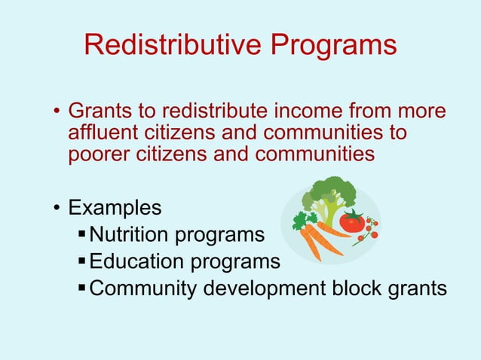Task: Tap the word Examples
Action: tap(115, 207)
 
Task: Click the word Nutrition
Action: tap(129, 235)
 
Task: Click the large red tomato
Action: tap(351, 221)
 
